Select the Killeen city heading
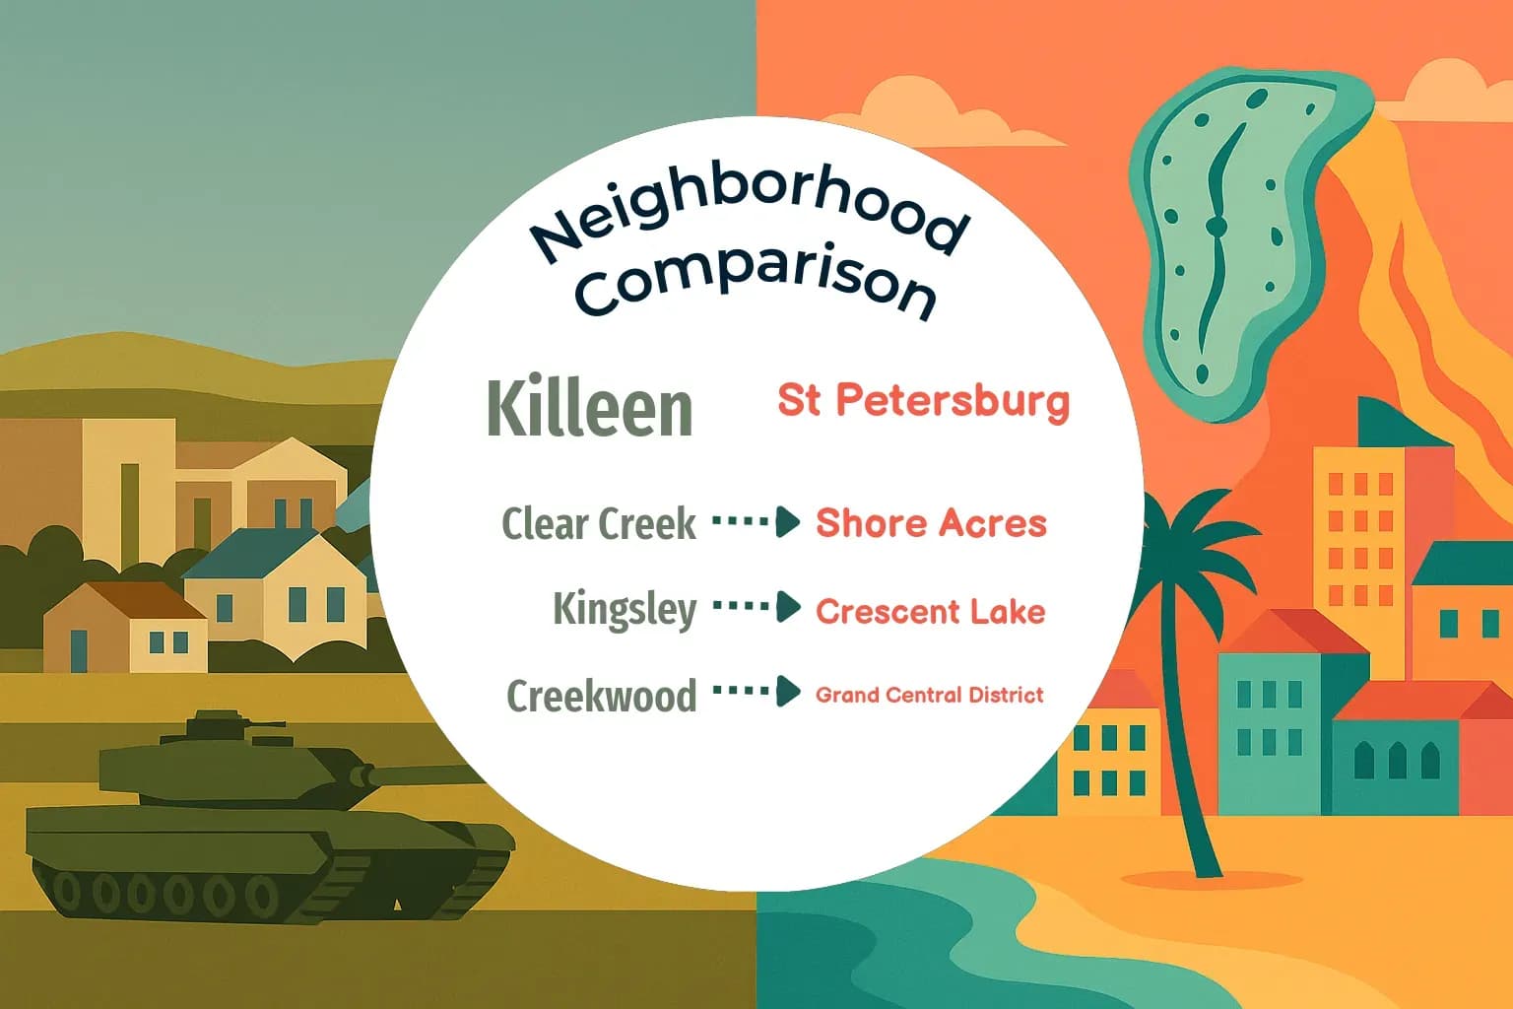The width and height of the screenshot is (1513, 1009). tap(589, 407)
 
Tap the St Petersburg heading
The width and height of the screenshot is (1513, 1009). tap(923, 401)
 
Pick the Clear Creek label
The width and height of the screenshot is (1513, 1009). tap(599, 523)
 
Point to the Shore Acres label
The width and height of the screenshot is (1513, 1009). tap(931, 523)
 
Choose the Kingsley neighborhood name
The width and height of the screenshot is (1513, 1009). tap(625, 609)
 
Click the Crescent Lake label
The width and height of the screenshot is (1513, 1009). tap(930, 611)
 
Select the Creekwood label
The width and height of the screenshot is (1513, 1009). tap(601, 695)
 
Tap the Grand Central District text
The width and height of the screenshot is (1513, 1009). tap(929, 695)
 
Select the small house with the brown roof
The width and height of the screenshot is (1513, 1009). tap(123, 626)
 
